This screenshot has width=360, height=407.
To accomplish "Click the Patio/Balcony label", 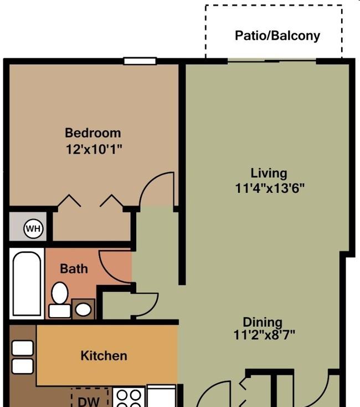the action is (277, 36).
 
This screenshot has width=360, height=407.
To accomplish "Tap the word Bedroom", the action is (93, 133).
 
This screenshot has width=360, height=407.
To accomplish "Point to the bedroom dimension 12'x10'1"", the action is (94, 149).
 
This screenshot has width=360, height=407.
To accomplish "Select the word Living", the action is (269, 173).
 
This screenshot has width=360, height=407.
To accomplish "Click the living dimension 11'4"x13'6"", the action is (270, 188).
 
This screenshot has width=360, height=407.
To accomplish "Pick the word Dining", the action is (263, 322).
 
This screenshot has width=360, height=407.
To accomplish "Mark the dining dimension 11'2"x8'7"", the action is (264, 334).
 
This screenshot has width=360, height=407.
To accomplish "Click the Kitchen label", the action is (104, 355).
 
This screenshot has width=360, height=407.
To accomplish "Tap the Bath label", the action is (74, 268).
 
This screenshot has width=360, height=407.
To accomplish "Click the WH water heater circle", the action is (33, 228).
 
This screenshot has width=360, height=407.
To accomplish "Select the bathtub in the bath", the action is (27, 283).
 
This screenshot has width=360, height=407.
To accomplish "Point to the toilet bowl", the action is (60, 293).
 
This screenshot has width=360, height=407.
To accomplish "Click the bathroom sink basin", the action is (83, 309).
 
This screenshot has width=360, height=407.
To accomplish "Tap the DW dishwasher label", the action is (89, 401).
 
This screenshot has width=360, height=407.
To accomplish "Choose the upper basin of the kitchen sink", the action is (23, 348).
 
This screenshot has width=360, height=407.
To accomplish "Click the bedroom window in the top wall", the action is (140, 61).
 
